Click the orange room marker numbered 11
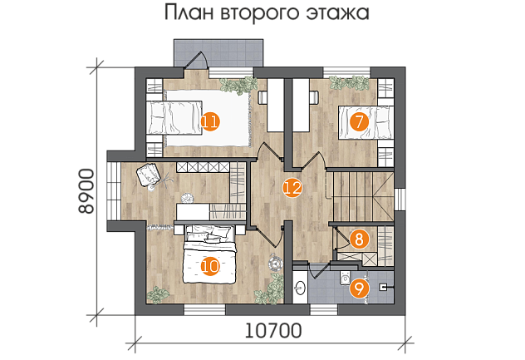[x=210, y=122]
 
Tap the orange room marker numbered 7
[x=359, y=122]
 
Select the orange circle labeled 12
[x=292, y=188]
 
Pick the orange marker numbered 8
[x=359, y=239]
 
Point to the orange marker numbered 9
[x=359, y=289]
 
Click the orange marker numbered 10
[x=210, y=267]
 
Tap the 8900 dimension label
[x=86, y=191]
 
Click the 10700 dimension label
[x=273, y=331]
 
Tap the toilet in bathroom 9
[x=345, y=277]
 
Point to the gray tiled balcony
[x=218, y=53]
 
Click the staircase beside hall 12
[x=363, y=196]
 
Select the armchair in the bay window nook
[x=149, y=175]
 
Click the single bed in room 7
[x=366, y=122]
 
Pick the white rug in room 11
[x=208, y=118]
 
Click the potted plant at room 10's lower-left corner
[x=158, y=295]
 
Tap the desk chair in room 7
[x=314, y=96]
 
